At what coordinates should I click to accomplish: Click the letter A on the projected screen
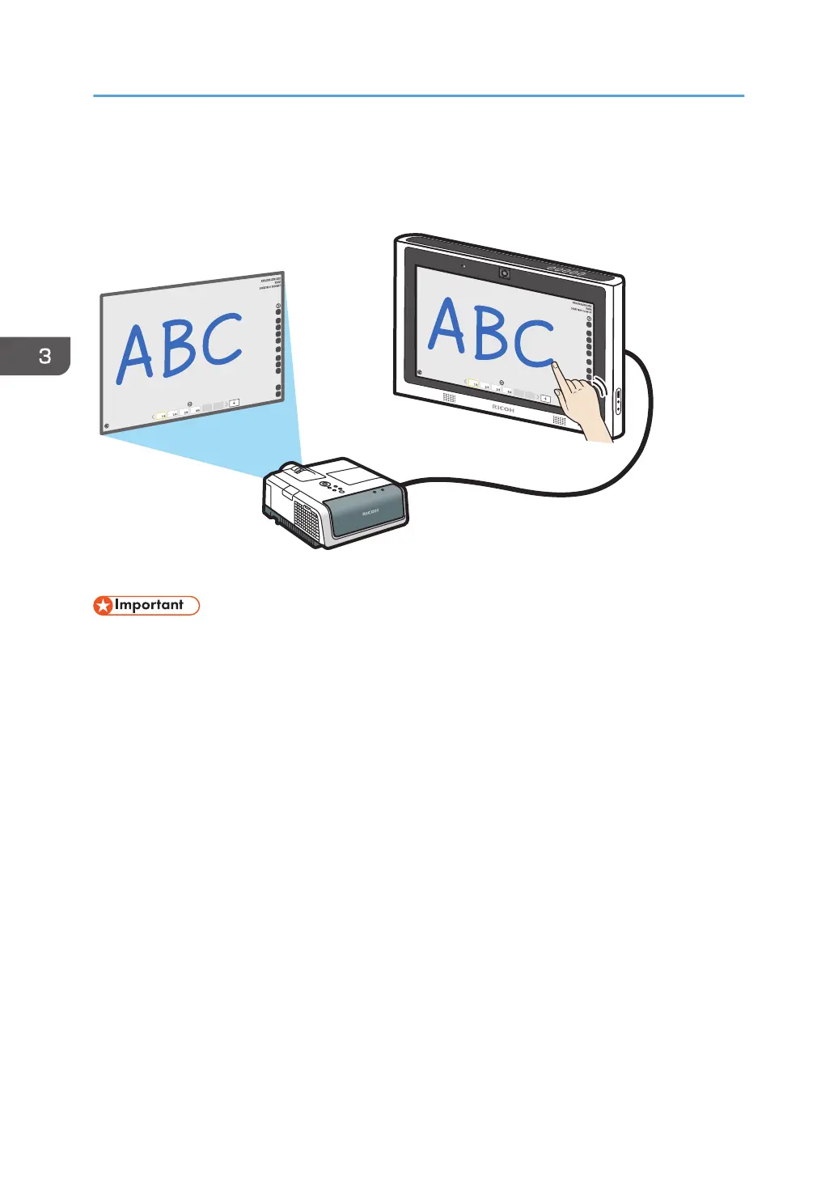point(134,354)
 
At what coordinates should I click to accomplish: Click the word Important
point(149,605)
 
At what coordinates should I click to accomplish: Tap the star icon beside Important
point(104,606)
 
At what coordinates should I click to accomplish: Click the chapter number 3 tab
point(44,356)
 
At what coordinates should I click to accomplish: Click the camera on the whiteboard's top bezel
point(504,273)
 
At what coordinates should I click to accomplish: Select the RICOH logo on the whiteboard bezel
point(503,409)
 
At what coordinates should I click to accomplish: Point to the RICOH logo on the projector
point(370,513)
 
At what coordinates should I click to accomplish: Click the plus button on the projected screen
point(234,402)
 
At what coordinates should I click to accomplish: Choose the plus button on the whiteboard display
point(545,399)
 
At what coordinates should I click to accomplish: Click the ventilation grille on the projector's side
point(305,517)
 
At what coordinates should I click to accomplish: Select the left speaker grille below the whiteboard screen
point(449,397)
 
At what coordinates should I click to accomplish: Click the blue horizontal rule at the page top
point(418,96)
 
